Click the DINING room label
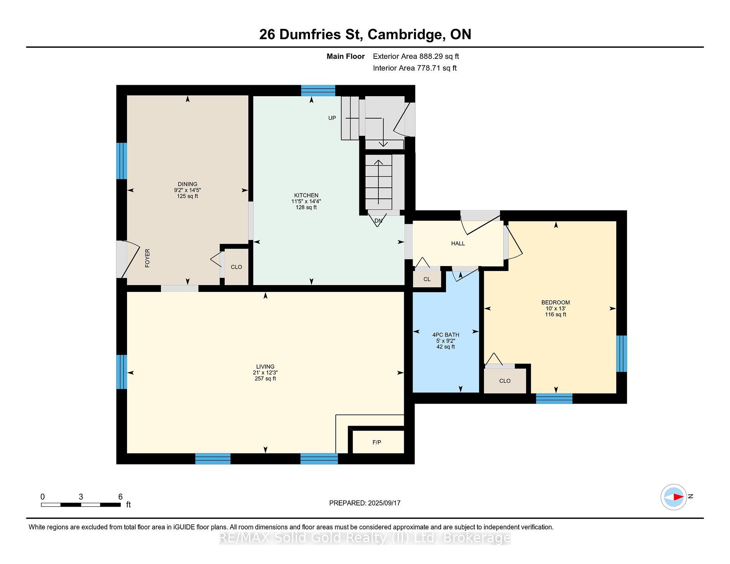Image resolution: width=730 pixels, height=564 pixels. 187,184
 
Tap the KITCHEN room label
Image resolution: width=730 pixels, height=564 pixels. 306,195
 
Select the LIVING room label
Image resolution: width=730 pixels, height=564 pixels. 265,367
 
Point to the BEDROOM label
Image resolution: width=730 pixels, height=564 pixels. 555,303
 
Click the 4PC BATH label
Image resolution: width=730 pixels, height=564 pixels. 446,335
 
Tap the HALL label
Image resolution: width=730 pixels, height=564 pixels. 458,243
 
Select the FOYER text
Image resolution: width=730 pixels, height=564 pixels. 148,258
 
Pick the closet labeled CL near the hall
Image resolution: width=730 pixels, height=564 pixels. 427,279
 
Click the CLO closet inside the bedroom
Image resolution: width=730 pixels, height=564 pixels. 505,381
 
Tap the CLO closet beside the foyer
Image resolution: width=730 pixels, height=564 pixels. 236,267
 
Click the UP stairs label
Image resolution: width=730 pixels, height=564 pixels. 332,118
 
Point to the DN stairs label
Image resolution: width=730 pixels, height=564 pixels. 378,220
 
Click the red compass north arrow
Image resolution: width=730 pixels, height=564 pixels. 678,497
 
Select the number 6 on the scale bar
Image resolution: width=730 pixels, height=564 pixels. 121,496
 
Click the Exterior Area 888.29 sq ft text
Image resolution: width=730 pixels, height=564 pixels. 416,56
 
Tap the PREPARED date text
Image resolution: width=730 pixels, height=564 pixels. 365,503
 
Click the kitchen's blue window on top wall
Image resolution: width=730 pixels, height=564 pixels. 318,90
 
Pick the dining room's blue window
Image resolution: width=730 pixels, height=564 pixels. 122,161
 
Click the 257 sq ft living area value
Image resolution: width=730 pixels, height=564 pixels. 265,379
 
